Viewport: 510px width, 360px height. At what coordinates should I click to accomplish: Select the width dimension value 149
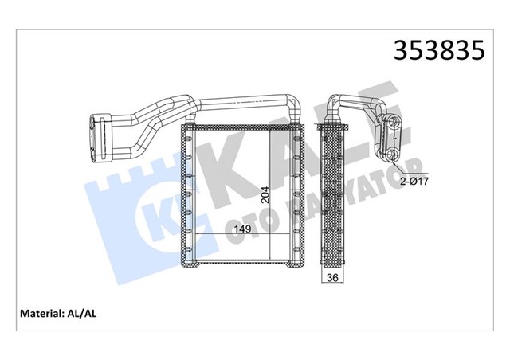pos(243,230)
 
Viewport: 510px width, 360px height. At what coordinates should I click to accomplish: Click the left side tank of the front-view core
pos(189,194)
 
